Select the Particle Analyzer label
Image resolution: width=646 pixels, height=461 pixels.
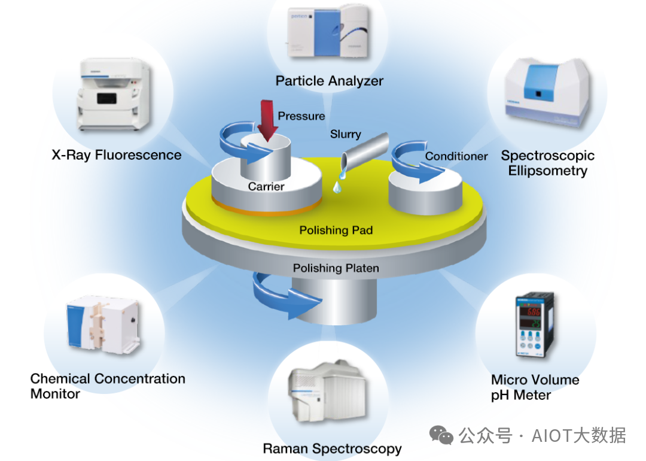(329, 80)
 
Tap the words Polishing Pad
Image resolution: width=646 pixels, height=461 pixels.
(336, 230)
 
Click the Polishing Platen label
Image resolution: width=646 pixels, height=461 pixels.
(336, 268)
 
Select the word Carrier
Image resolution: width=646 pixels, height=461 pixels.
(266, 187)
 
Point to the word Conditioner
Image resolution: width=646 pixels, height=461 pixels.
(456, 156)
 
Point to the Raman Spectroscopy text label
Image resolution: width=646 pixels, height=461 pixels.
(332, 448)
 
